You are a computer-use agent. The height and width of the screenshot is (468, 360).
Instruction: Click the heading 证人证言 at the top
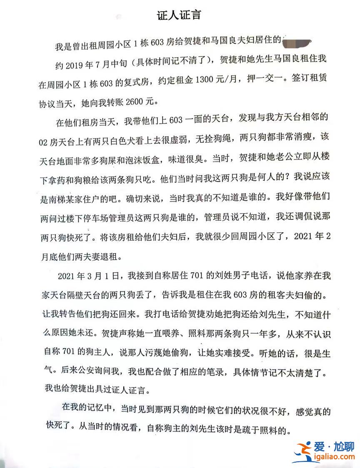pyautogui.click(x=180, y=15)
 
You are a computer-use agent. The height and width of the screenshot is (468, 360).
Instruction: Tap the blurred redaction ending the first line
pyautogui.click(x=297, y=42)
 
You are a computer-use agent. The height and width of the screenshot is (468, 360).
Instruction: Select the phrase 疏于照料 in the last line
pyautogui.click(x=267, y=429)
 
